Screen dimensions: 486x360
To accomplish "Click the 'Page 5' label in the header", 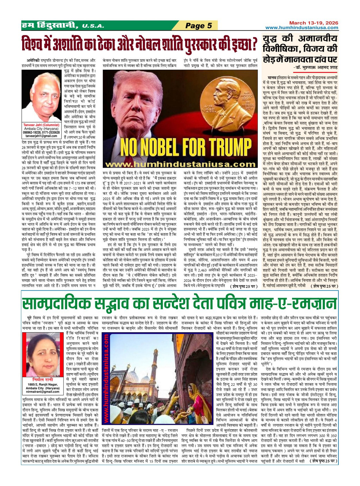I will pyautogui.click(x=199, y=25).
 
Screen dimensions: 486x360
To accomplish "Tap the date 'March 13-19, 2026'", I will pyautogui.click(x=313, y=23).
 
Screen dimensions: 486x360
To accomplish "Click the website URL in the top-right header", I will pyautogui.click(x=302, y=28).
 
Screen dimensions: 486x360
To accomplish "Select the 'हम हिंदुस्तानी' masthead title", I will pyautogui.click(x=50, y=25).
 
